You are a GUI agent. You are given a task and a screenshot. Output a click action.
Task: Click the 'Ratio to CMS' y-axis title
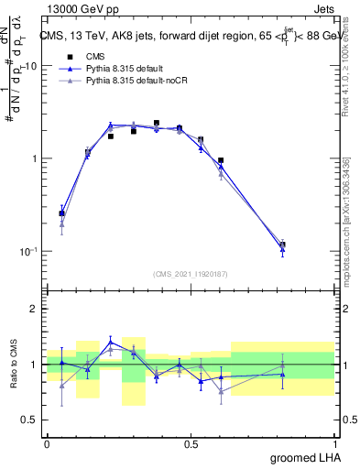tap(15, 365)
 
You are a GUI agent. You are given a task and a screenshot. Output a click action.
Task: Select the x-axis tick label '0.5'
tap(191, 443)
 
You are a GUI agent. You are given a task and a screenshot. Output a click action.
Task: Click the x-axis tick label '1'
tap(334, 443)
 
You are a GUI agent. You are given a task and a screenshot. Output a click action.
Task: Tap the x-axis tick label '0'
tap(47, 443)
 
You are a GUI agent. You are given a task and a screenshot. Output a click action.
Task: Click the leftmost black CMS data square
tap(61, 213)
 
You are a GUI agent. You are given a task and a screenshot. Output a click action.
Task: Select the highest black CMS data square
tap(157, 123)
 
